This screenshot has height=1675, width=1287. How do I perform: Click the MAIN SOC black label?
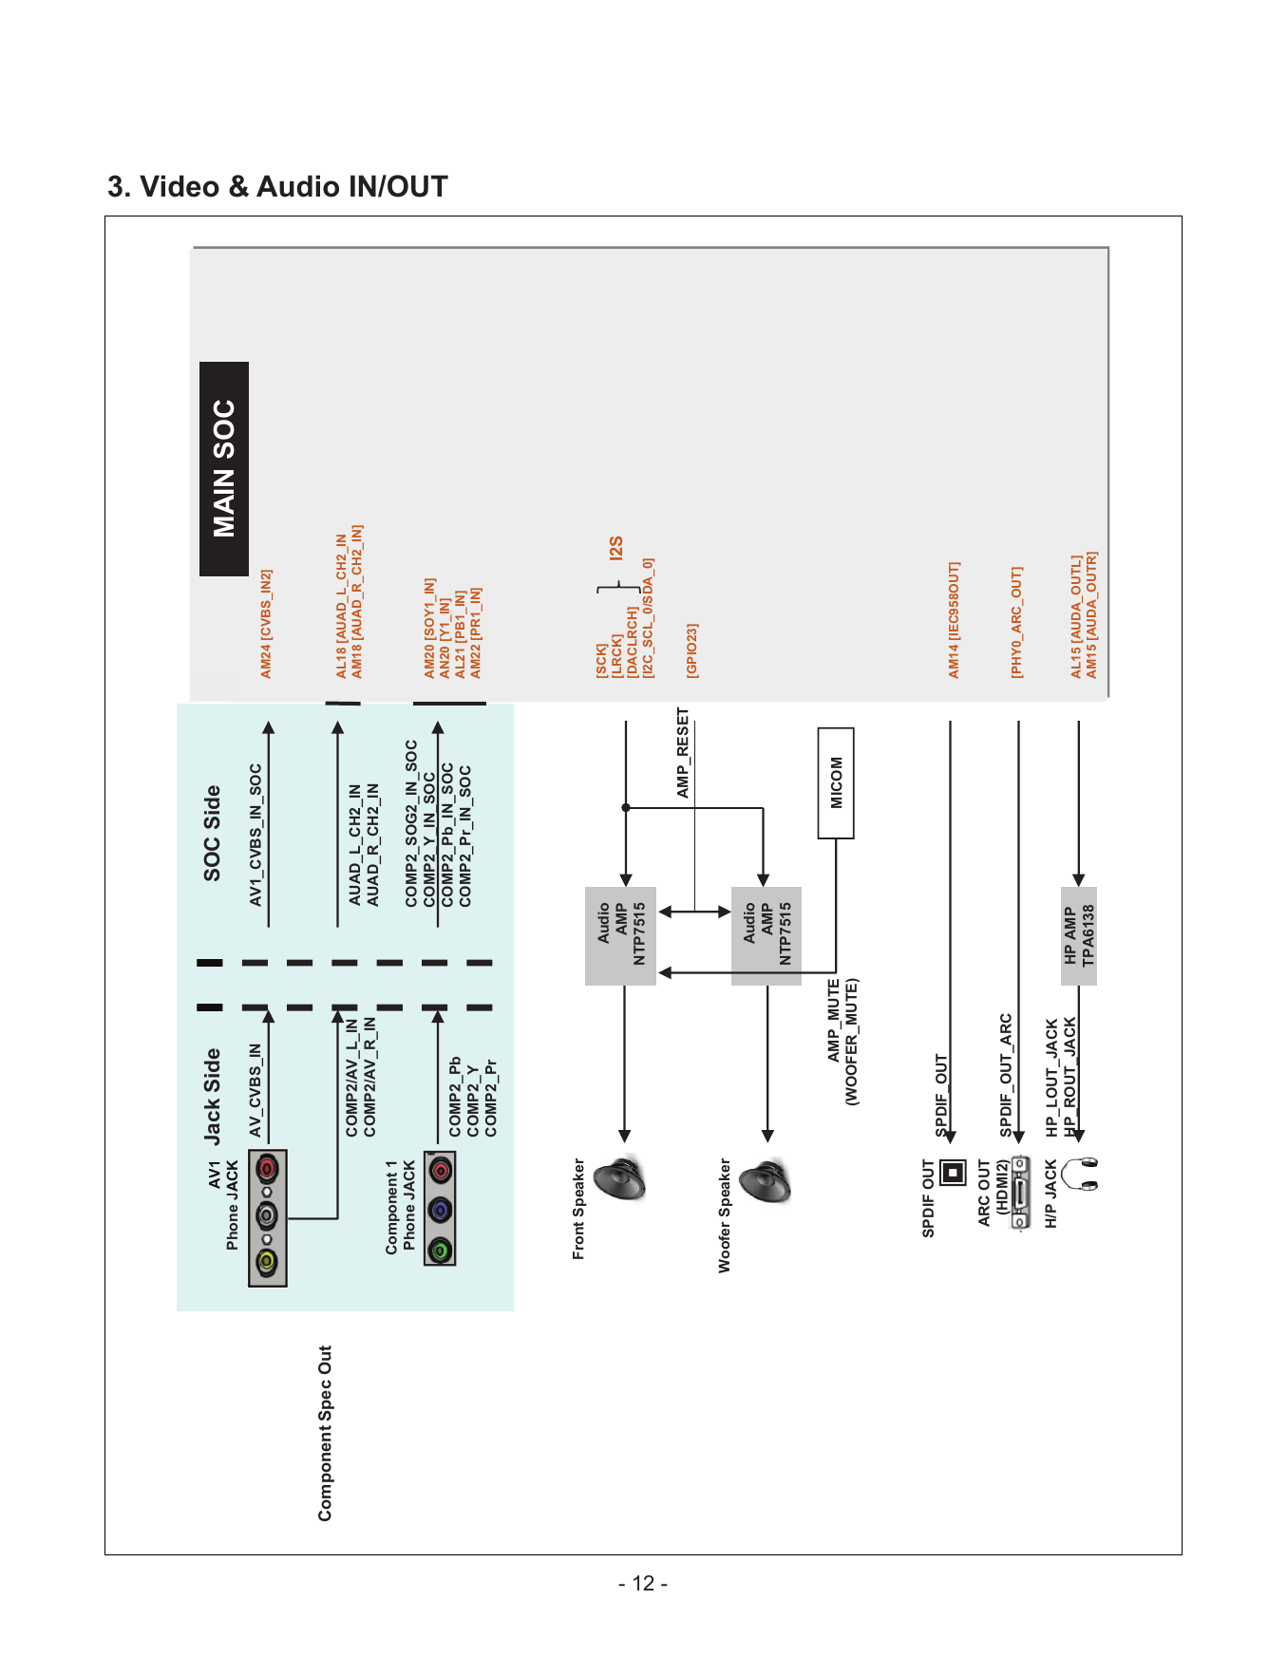coord(224,469)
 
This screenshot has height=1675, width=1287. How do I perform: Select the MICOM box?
coord(836,783)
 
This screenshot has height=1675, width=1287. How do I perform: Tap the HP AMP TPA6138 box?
coord(1079,935)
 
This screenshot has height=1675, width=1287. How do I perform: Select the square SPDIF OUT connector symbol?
coord(953,1172)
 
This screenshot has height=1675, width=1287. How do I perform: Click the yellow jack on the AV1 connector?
coord(267,1262)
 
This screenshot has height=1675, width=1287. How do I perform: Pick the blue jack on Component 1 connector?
coord(440,1211)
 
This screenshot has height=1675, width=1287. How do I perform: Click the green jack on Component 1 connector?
coord(440,1251)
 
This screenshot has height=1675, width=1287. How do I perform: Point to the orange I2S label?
coord(616,548)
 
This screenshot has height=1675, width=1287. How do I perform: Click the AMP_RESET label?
coord(683,752)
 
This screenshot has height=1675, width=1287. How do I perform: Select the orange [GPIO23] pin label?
coord(692,650)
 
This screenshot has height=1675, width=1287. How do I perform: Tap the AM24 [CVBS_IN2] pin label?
coord(267,624)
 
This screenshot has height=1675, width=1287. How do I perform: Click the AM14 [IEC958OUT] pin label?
coord(955,620)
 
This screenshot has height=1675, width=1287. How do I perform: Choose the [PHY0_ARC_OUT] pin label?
coord(1016,623)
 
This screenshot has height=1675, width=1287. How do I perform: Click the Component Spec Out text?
coord(325,1433)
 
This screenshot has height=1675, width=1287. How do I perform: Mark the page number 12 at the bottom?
coord(643,1583)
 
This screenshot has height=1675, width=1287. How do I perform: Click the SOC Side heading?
coord(212,833)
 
